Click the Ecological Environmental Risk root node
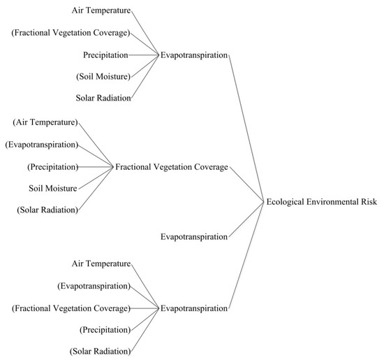(x=322, y=202)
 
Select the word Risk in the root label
(x=369, y=201)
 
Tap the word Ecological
(x=286, y=202)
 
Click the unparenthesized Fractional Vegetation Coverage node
(x=172, y=167)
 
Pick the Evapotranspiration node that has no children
(x=194, y=237)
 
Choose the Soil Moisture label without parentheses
(x=53, y=188)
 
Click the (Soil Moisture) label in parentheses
(x=103, y=76)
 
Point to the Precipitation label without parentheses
(x=105, y=55)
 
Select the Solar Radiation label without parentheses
(x=103, y=98)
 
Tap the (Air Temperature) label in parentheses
(x=45, y=122)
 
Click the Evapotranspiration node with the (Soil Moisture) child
(x=194, y=55)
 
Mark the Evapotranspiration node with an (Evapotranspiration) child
(x=194, y=308)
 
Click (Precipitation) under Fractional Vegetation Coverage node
(x=53, y=167)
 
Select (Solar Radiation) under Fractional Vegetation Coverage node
(x=47, y=210)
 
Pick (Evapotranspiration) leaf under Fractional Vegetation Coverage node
(x=42, y=145)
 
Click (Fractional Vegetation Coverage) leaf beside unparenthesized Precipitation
(x=71, y=33)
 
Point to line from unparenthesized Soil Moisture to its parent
(x=96, y=178)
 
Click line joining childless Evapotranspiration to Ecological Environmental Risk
(x=246, y=219)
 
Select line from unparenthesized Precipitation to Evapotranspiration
(x=144, y=55)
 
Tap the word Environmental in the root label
(x=332, y=202)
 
